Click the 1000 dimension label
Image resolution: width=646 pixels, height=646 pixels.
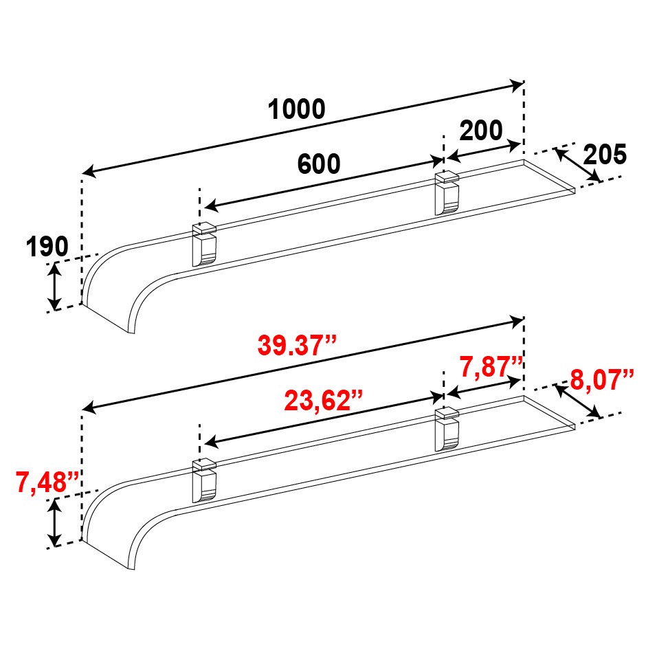click(x=297, y=109)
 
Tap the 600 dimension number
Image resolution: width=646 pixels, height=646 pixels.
click(x=319, y=164)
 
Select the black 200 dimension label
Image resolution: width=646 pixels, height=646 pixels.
click(x=481, y=130)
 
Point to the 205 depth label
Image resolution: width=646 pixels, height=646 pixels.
click(x=605, y=155)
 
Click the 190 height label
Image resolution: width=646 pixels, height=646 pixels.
click(x=47, y=247)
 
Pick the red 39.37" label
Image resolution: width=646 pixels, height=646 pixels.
click(x=297, y=345)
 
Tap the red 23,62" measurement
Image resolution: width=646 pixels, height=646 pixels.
click(x=324, y=401)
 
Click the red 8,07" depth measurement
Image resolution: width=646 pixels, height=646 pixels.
click(x=602, y=380)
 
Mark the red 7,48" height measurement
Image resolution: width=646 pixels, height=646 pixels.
click(x=47, y=482)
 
